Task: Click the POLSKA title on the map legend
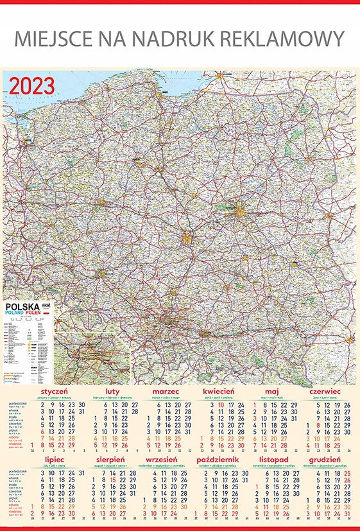22,307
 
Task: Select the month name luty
112,391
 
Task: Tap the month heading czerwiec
325,391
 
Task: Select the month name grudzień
324,460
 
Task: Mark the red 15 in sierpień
114,480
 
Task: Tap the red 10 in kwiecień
221,405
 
